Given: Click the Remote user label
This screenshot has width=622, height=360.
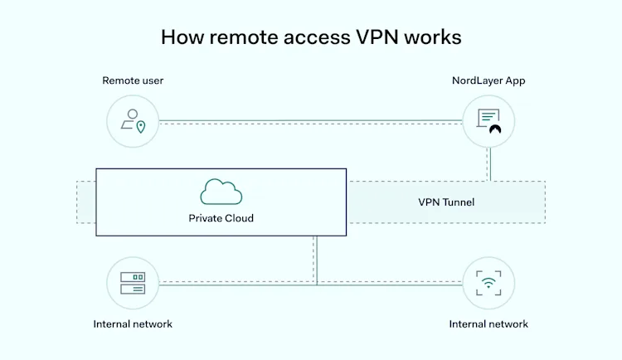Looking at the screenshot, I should pos(133,80).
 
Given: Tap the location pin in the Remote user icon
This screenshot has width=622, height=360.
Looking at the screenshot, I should pos(141,127).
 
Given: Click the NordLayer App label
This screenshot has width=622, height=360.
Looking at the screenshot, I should pos(488,80).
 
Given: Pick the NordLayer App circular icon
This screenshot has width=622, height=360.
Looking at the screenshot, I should pos(488,121).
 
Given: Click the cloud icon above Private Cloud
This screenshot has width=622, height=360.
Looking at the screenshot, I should pos(221,192).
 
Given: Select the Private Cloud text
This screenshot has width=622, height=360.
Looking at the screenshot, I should pos(221,219).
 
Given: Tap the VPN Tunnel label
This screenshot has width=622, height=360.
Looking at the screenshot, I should pos(445,202).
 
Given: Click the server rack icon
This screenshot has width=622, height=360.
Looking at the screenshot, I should pos(133,282).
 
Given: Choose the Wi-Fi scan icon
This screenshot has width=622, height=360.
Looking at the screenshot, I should pos(488,282).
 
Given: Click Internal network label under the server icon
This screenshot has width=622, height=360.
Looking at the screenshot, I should pos(133,324).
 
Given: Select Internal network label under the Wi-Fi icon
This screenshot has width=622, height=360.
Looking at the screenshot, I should pos(488,324).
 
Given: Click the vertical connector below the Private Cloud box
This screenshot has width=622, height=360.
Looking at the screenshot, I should pos(316,259).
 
